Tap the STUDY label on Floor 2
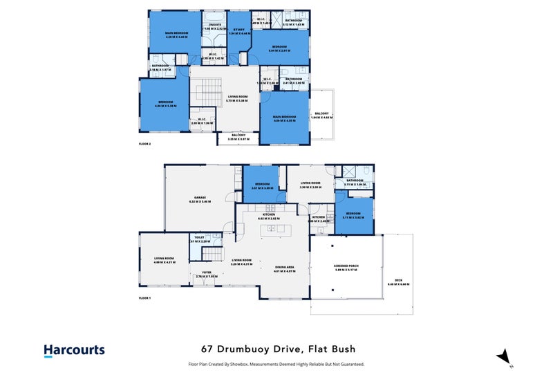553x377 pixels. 239,30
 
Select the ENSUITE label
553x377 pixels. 216,26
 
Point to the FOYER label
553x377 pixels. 206,273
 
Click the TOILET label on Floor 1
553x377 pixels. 199,237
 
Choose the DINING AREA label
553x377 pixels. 285,266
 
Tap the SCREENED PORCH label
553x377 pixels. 345,266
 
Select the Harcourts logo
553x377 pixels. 74,351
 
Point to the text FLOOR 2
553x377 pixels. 144,145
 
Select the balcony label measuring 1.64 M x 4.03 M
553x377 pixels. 321,115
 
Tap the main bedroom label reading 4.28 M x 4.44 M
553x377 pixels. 177,35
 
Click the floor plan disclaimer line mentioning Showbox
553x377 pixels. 276,364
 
